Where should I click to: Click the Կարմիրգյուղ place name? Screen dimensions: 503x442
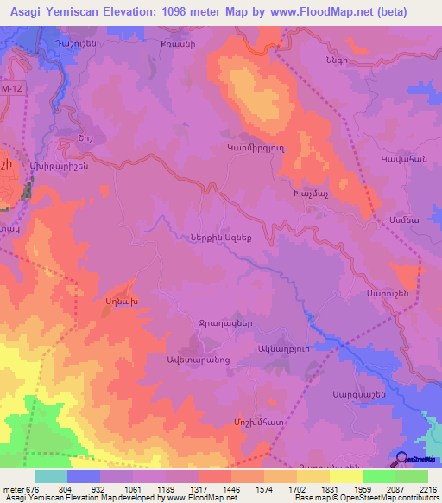pyautogui.click(x=279, y=148)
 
